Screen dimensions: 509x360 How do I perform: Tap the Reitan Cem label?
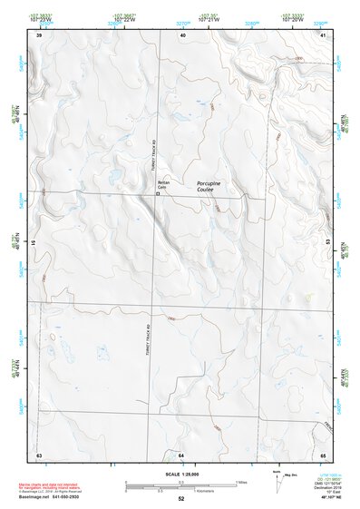[164, 186]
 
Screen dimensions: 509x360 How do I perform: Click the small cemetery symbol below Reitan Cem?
[159, 194]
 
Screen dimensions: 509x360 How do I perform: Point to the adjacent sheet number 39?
[39, 34]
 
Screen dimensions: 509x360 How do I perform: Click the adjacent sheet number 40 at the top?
[182, 34]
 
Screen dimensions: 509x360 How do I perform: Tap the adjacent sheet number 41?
[323, 34]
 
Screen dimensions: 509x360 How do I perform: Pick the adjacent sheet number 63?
[39, 454]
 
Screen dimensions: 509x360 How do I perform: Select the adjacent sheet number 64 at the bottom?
[181, 454]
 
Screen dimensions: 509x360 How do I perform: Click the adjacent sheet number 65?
[323, 454]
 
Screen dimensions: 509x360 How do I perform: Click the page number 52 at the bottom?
[181, 499]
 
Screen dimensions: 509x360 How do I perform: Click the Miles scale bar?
[181, 482]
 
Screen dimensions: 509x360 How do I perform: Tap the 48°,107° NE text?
[323, 497]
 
